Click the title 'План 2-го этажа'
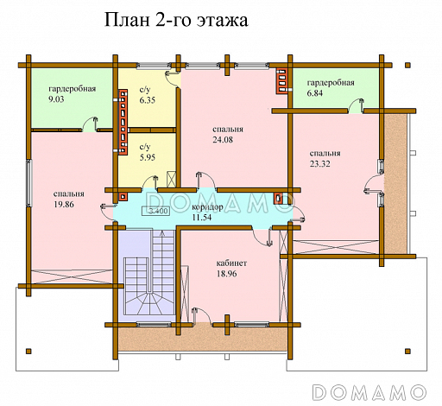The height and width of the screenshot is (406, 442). (x=175, y=20)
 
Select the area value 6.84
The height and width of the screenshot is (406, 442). (x=316, y=92)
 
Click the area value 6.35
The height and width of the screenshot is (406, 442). (x=148, y=100)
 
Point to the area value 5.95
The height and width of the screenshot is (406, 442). (x=148, y=158)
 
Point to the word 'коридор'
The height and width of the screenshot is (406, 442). (x=207, y=208)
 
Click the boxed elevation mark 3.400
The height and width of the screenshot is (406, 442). (x=158, y=210)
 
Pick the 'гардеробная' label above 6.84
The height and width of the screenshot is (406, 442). (x=331, y=81)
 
